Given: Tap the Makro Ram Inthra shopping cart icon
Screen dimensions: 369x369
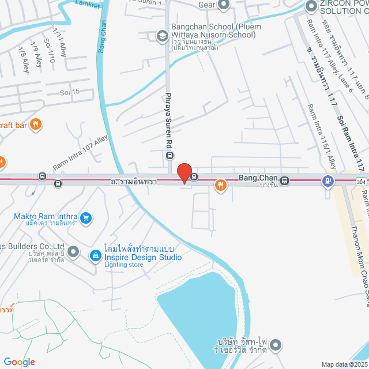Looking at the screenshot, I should click(x=86, y=217).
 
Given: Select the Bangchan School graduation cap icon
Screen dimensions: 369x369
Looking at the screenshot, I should click(x=163, y=36).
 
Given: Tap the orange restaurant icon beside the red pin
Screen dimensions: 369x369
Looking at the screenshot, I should click(x=220, y=185).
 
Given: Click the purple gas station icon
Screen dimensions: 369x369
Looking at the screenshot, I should click(x=328, y=181).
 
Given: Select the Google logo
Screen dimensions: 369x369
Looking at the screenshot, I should click(x=19, y=362).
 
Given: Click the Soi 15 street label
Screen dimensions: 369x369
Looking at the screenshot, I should click(x=70, y=92).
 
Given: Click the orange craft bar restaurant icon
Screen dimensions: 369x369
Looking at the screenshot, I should click(x=36, y=123).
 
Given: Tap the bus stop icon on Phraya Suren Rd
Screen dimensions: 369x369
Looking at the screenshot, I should click(x=170, y=155).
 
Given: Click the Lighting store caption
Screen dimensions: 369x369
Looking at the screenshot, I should click(x=124, y=265).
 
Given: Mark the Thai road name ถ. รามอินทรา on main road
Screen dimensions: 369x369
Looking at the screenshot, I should click(x=134, y=181).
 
